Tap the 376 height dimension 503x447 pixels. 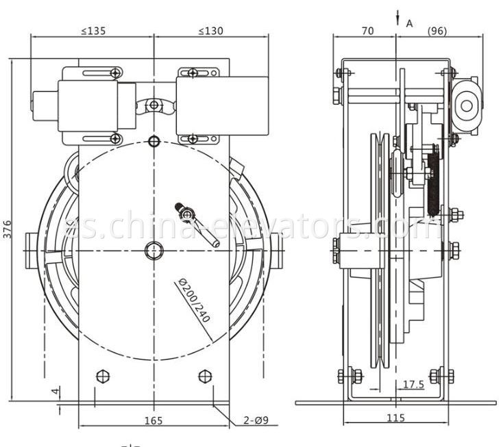pos(8,229)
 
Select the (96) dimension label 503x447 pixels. pos(439,31)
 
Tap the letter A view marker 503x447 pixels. pos(410,23)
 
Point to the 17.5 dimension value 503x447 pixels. pos(413,385)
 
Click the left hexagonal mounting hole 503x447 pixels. pos(103,376)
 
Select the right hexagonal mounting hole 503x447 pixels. pos(204,376)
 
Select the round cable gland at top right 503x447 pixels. pos(468,105)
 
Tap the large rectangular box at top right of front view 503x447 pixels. pos(221,105)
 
